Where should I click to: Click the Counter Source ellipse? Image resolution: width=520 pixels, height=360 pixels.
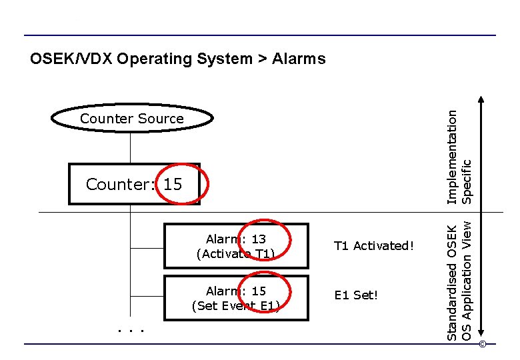click(132, 119)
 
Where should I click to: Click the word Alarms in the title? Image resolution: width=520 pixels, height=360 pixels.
click(299, 59)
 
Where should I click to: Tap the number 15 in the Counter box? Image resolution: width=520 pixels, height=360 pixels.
click(172, 184)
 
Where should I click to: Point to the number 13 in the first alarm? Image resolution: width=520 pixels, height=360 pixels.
click(259, 239)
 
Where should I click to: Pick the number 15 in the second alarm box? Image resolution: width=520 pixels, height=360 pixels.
click(259, 291)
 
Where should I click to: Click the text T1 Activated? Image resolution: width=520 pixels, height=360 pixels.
click(374, 246)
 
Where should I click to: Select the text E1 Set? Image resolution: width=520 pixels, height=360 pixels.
click(356, 295)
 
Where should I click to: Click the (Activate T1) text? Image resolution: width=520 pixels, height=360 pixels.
click(235, 254)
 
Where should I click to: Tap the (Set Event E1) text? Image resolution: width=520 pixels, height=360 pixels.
click(235, 306)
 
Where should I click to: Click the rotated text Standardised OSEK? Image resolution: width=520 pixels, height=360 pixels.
click(452, 283)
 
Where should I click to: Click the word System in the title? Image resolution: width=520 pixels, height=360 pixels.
click(223, 59)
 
